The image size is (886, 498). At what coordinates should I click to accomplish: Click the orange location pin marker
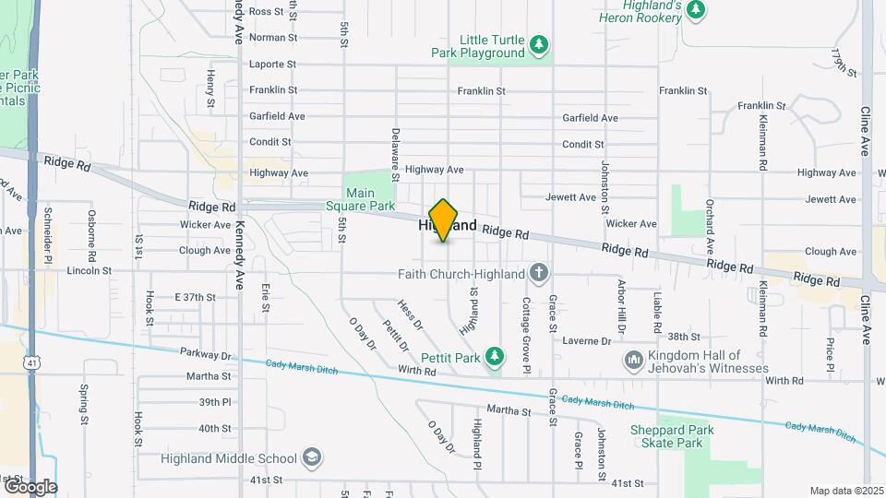coord(444,220)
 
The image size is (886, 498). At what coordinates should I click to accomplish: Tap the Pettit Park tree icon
coord(496,356)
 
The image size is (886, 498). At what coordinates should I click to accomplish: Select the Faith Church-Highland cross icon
coord(540,273)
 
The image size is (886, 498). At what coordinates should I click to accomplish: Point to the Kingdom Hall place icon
coord(633,359)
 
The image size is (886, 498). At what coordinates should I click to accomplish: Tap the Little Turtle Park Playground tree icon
coord(540,43)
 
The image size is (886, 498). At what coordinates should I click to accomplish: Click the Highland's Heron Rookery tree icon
coord(697,10)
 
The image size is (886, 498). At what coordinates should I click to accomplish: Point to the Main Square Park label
coord(370,199)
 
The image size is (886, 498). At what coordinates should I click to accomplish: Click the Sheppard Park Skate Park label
coord(666,436)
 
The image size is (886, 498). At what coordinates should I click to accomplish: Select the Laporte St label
coord(272,65)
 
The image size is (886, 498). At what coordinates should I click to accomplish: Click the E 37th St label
coord(195,297)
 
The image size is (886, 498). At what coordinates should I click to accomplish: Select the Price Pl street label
coord(830,354)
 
